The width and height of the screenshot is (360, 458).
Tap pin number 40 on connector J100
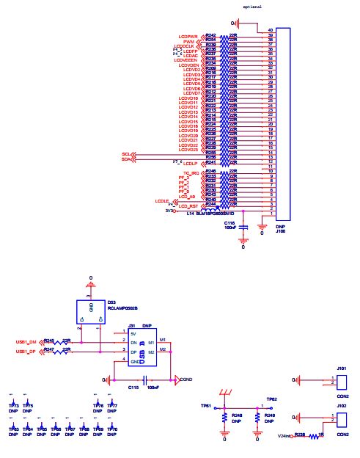tap(271, 30)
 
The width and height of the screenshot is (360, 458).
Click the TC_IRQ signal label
tap(191, 172)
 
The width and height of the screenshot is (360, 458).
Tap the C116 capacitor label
tap(229, 222)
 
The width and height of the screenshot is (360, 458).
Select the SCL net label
tap(125, 154)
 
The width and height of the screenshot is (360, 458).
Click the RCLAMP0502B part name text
tap(122, 309)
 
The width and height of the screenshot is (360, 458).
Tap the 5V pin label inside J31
tap(133, 333)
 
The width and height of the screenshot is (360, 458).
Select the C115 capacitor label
tap(133, 387)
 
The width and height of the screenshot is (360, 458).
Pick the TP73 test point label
tap(13, 405)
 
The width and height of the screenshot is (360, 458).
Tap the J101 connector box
tap(342, 381)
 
